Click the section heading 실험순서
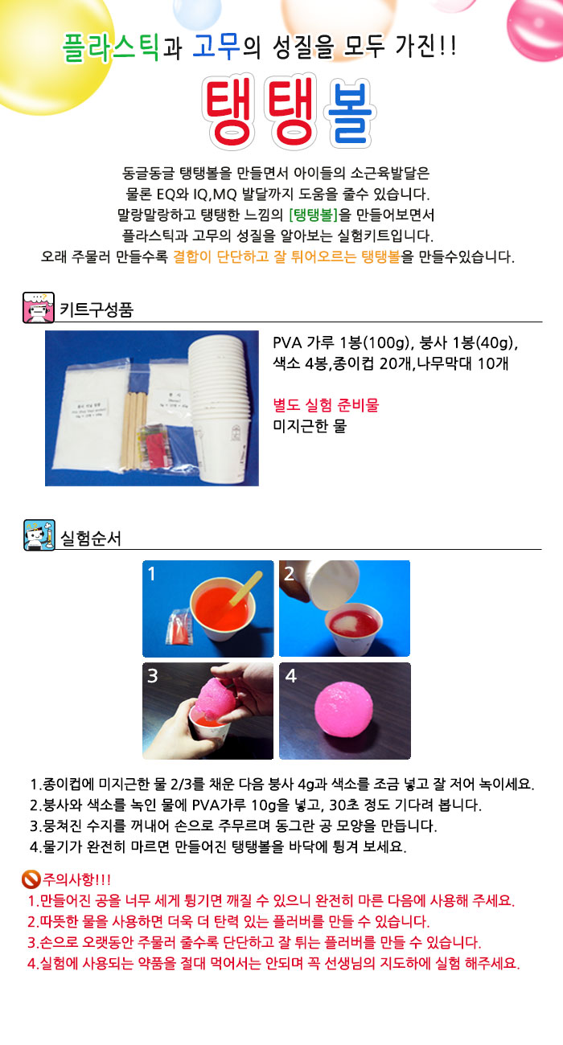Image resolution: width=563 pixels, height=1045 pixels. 89,537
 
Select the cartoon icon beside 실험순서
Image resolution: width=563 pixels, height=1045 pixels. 39,535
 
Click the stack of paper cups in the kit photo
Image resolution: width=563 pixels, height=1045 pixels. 218,410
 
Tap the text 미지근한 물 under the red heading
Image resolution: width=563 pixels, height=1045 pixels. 310,426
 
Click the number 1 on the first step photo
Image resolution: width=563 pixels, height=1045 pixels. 152,574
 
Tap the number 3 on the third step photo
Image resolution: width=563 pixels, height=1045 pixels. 152,676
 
